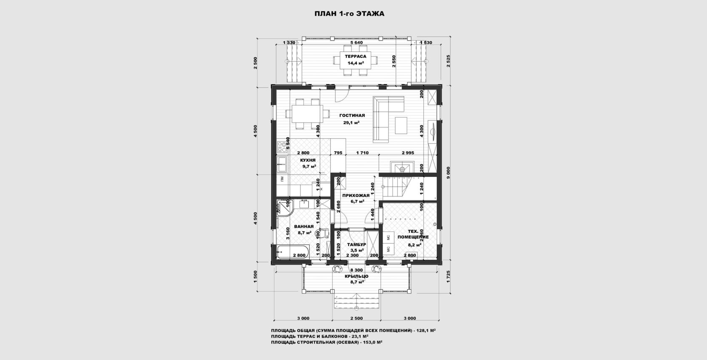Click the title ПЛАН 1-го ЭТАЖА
tap(349, 14)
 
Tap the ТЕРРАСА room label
tap(355, 56)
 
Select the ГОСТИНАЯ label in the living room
tap(352, 115)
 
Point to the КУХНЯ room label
tap(308, 160)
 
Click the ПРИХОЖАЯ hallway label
tap(356, 195)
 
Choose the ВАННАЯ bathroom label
tap(304, 227)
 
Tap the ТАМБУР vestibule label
tap(356, 245)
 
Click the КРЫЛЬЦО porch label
tap(356, 276)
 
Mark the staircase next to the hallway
tap(396, 187)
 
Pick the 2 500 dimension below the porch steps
tap(356, 318)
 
